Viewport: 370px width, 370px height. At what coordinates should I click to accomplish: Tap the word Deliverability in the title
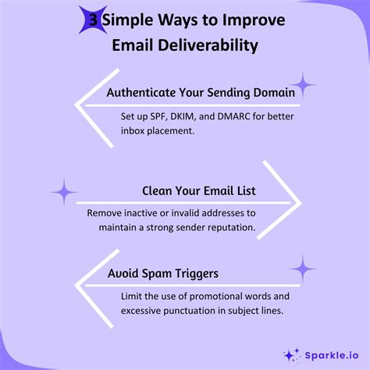click(212, 46)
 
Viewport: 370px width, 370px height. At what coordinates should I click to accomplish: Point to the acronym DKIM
click(187, 116)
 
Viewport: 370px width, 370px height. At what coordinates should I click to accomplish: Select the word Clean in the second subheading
click(158, 190)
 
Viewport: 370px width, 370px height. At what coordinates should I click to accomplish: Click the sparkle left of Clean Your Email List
click(64, 191)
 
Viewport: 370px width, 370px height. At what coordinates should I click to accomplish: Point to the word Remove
click(105, 212)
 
